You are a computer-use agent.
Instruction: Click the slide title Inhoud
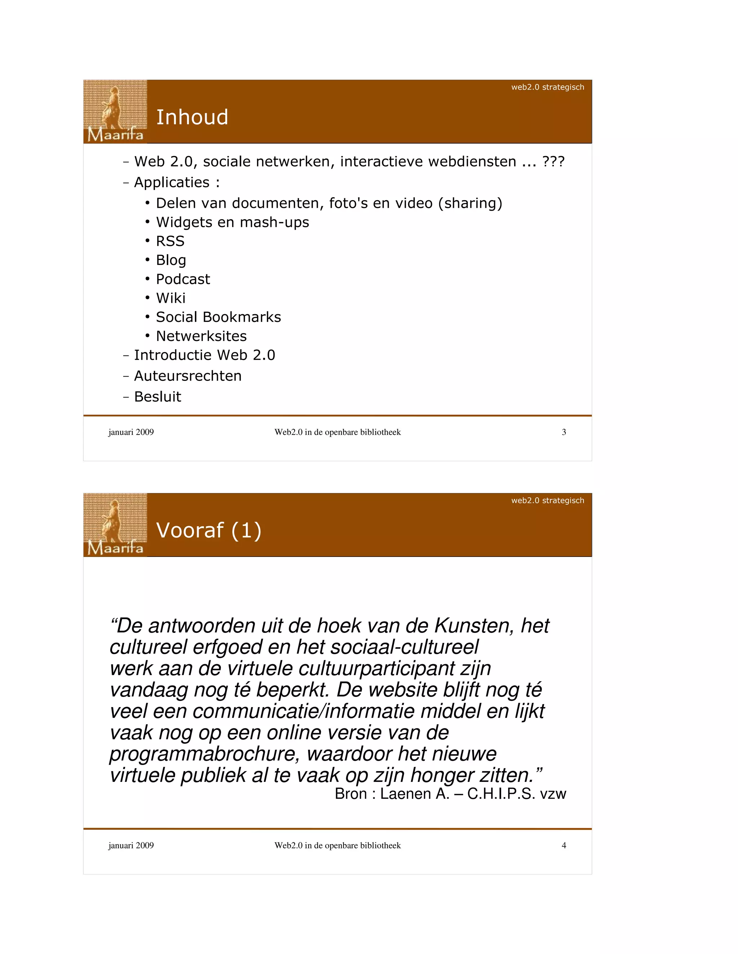pyautogui.click(x=192, y=117)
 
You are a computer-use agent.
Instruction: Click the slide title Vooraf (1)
pyautogui.click(x=209, y=530)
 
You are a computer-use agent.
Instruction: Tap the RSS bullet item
pyautogui.click(x=170, y=241)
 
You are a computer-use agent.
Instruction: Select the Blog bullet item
pyautogui.click(x=171, y=260)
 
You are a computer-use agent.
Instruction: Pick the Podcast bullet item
pyautogui.click(x=183, y=279)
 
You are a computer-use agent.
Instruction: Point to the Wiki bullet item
pyautogui.click(x=170, y=298)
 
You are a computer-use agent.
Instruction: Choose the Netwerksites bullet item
pyautogui.click(x=201, y=336)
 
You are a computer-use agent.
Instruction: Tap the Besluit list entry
pyautogui.click(x=157, y=397)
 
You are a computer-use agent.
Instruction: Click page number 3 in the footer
pyautogui.click(x=564, y=432)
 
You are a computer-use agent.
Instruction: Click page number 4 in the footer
pyautogui.click(x=564, y=845)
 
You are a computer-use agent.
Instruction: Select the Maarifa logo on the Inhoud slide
pyautogui.click(x=115, y=112)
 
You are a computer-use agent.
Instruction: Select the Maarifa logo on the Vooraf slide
pyautogui.click(x=115, y=525)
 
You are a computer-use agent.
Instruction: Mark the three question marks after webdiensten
pyautogui.click(x=553, y=162)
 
